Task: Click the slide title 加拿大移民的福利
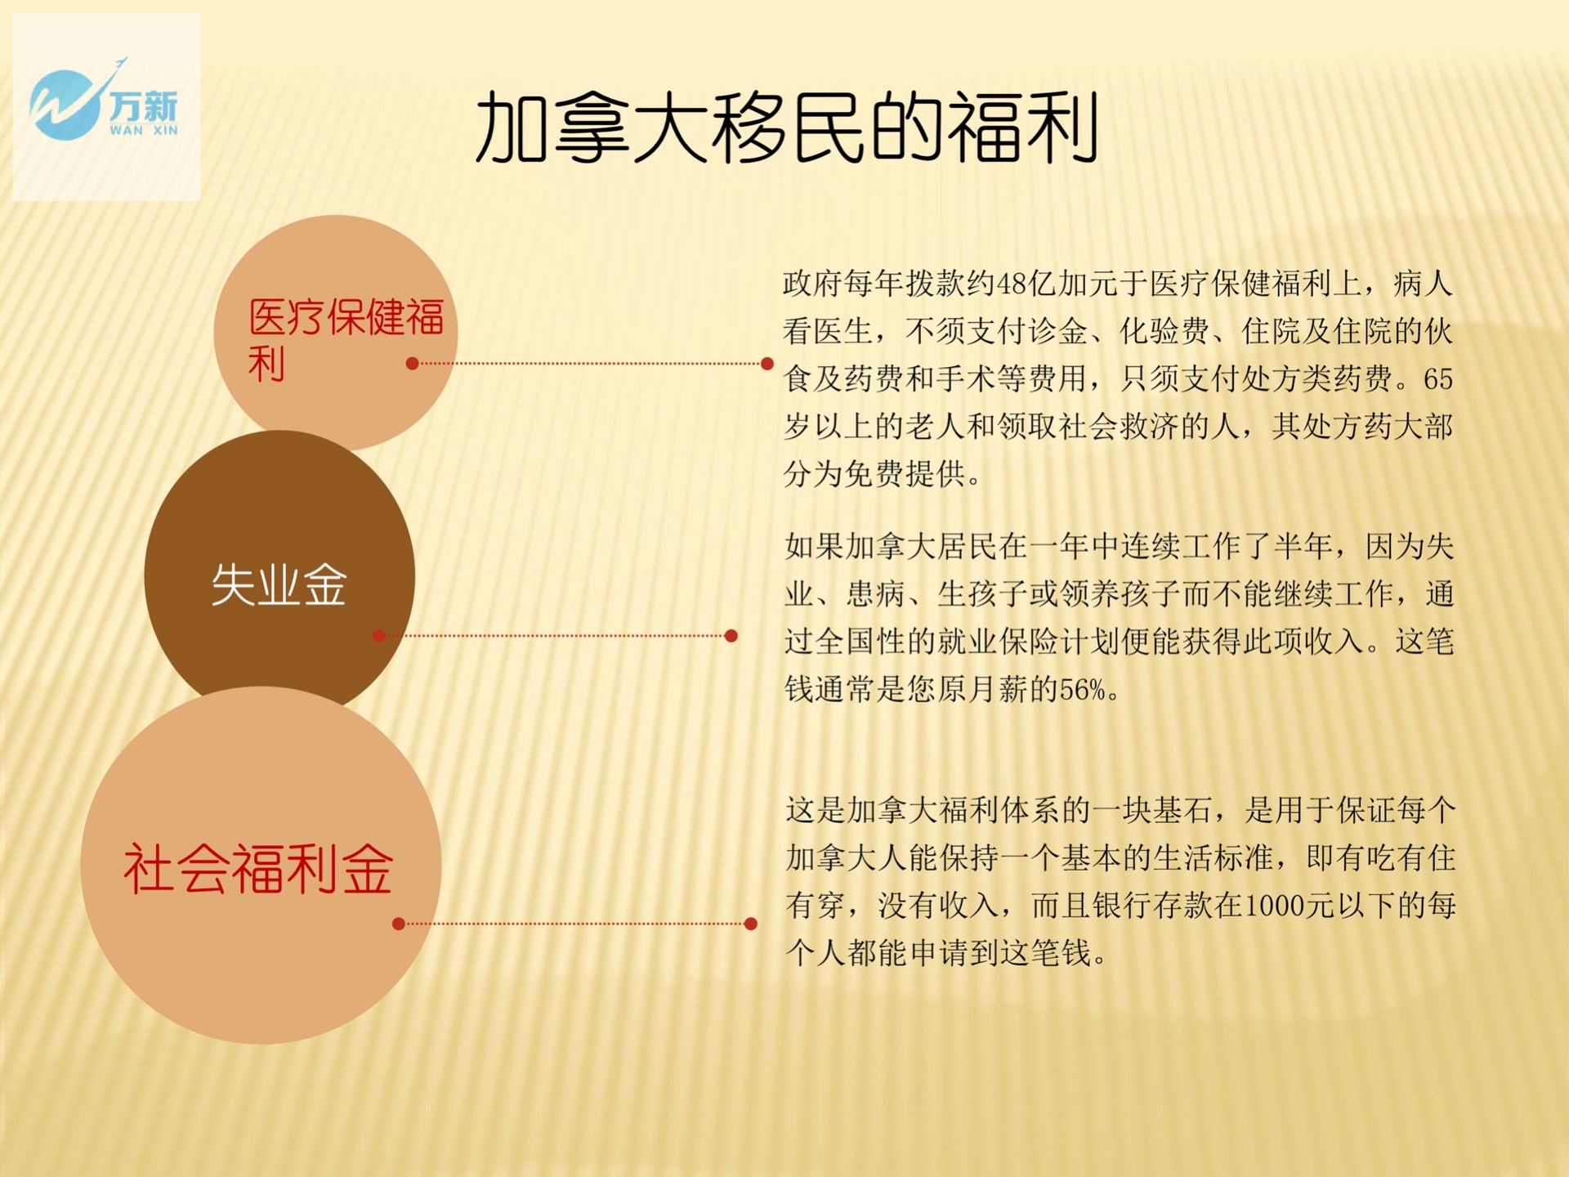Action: pos(787,128)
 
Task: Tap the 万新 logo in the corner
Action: pos(104,104)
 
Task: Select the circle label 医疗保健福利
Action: pos(346,339)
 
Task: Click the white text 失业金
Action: pos(279,584)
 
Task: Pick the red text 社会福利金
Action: pos(258,869)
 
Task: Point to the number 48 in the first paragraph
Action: pos(1012,284)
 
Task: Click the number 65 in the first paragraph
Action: pos(1438,379)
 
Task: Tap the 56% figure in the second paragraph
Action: pos(1083,690)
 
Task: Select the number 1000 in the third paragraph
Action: pos(1273,906)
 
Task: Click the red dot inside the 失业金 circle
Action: pos(378,636)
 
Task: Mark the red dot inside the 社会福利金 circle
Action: pos(398,924)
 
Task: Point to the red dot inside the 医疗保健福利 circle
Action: pos(412,364)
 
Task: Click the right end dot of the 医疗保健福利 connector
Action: pos(767,364)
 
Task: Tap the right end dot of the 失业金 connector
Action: pos(731,636)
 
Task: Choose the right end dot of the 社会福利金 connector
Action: pos(750,924)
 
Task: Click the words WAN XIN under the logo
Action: pos(144,130)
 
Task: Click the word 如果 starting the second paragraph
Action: pos(814,547)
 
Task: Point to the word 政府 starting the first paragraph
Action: pos(812,284)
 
